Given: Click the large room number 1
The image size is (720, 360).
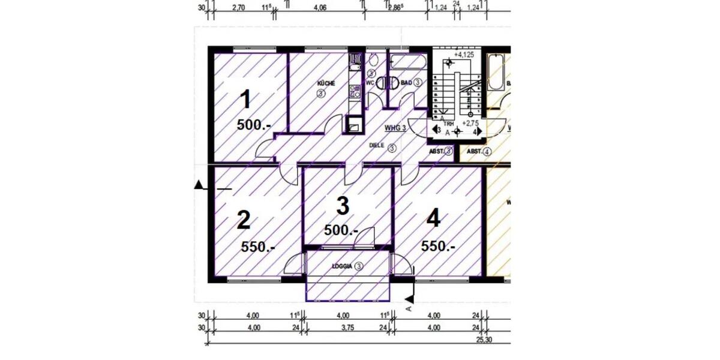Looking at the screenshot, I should click(245, 100).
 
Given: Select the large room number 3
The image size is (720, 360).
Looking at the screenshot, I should click(343, 206).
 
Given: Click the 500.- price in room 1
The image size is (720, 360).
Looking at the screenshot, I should click(254, 125).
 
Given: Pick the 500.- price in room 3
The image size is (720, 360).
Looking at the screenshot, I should click(341, 230).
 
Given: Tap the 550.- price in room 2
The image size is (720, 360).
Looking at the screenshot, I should click(258, 246).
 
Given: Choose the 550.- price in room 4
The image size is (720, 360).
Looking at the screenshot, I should click(438, 246).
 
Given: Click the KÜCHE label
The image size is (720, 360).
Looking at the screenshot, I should click(326, 83).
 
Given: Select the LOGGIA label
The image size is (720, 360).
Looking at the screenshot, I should click(341, 266).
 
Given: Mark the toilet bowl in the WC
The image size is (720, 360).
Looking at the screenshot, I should click(373, 61).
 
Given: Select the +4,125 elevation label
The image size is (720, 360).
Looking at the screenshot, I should click(464, 55).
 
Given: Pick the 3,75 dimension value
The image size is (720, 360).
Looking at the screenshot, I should click(343, 328).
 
